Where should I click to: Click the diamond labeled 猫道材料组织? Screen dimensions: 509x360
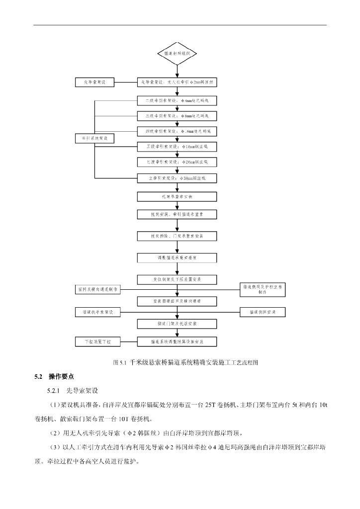tap(177, 53)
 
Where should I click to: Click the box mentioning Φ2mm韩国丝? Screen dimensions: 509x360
tap(177, 82)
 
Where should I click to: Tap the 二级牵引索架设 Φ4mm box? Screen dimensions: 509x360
tap(177, 100)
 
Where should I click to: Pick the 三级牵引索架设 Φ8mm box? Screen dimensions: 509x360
tap(177, 116)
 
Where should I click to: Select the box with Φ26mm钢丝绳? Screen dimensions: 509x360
tap(177, 162)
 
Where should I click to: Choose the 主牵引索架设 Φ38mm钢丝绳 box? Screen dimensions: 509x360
tap(177, 177)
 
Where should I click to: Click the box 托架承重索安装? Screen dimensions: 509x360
tap(177, 197)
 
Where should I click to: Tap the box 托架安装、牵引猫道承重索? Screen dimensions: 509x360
tap(177, 215)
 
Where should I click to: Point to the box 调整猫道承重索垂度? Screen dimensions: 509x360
tap(177, 258)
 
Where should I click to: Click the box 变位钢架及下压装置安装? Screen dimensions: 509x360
tap(177, 279)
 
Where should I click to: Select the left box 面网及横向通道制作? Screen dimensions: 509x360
tap(97, 289)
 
